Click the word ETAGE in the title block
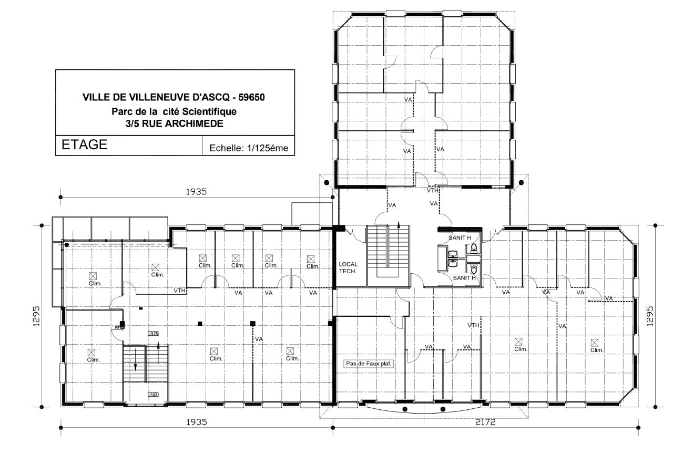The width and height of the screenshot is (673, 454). click(x=85, y=145)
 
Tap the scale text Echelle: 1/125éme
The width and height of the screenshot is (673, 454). click(x=249, y=148)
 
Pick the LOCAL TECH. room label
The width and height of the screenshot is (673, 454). click(x=348, y=267)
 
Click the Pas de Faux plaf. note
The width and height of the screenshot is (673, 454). click(x=369, y=363)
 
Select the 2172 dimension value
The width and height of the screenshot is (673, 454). click(x=485, y=422)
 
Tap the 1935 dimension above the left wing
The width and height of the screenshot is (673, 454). click(x=196, y=192)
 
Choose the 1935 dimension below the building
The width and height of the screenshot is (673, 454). click(x=196, y=422)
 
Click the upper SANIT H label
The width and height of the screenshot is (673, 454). click(x=460, y=238)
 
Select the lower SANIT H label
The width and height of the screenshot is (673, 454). click(x=464, y=277)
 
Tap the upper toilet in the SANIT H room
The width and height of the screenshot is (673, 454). click(x=474, y=247)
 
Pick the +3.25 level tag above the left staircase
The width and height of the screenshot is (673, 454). click(x=154, y=334)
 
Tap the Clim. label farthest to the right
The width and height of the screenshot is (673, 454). click(x=596, y=350)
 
